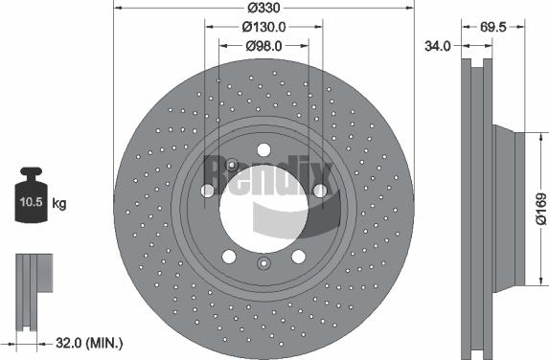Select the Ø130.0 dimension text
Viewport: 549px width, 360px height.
point(264,26)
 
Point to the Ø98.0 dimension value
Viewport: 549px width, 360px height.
point(264,45)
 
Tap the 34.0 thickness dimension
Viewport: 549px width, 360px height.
point(439,45)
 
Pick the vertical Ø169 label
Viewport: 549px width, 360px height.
point(540,208)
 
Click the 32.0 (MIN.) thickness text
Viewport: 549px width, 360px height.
point(87,342)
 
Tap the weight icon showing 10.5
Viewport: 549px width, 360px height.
point(30,198)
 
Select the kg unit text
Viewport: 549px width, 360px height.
point(59,204)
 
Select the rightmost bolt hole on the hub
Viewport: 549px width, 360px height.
point(320,191)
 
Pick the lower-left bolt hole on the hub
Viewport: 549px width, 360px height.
point(229,257)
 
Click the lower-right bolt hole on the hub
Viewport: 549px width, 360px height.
point(299,257)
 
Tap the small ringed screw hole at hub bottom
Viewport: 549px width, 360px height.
point(264,264)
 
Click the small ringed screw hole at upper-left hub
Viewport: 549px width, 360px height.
point(230,166)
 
